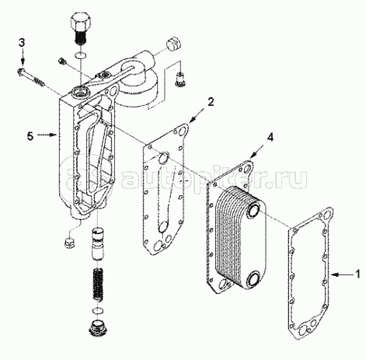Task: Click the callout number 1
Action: point(357,274)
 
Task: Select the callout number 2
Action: point(211,102)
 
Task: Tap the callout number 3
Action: point(22,43)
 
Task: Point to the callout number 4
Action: point(270,138)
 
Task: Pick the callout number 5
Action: point(30,136)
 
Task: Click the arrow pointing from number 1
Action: point(342,274)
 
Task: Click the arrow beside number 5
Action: point(47,135)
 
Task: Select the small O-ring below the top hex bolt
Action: point(81,55)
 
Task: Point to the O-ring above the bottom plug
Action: point(97,310)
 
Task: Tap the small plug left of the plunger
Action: point(69,243)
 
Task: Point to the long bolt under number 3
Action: point(32,76)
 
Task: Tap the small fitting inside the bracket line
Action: point(180,79)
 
